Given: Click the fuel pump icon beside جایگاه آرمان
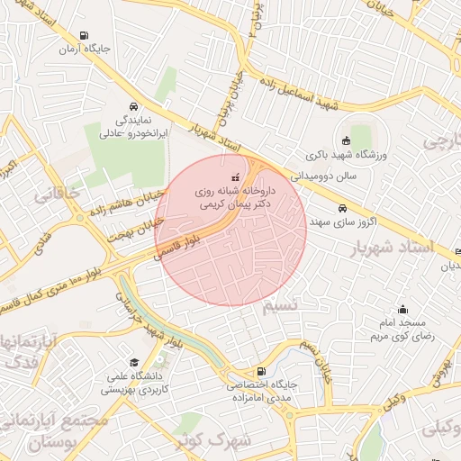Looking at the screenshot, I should pos(84,37).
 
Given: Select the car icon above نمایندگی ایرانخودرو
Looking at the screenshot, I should pos(133,105).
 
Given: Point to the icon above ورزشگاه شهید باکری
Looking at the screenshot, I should pos(346,140).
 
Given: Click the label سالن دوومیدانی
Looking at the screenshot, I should pos(329,176).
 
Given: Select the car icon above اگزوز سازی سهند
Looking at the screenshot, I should pos(340,207).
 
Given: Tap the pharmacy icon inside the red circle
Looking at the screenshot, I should pos(236,177).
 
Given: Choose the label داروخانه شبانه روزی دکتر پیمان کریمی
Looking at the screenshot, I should pos(234,198).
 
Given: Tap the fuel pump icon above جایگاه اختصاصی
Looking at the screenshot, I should pos(261,371).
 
